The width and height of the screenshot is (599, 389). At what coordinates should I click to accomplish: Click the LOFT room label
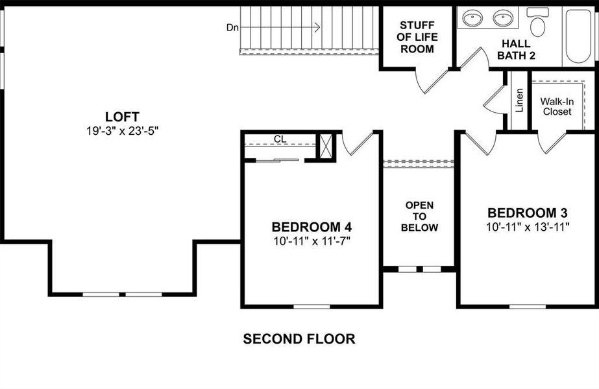(x=122, y=117)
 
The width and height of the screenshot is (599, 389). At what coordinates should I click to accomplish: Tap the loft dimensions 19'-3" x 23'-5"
(x=122, y=130)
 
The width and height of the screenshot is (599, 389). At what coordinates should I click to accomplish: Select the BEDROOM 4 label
(x=312, y=228)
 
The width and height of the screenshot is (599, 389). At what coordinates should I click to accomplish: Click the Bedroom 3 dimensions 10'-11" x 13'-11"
(x=528, y=227)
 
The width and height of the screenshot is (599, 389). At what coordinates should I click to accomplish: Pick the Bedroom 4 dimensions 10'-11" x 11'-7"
(x=312, y=241)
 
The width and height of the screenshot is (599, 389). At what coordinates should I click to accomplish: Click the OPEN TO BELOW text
(x=419, y=217)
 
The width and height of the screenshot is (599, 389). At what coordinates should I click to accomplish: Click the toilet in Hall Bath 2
(x=537, y=24)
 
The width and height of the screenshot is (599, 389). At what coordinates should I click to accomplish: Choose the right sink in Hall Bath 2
(x=504, y=18)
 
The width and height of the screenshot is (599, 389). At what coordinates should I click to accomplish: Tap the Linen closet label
(x=520, y=100)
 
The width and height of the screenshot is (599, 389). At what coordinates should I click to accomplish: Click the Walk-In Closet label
(x=557, y=106)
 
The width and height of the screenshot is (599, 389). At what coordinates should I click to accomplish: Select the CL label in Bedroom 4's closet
(x=280, y=139)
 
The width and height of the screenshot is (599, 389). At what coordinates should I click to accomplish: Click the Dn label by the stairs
(x=232, y=27)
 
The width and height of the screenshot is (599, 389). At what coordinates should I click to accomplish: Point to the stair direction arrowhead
(x=317, y=27)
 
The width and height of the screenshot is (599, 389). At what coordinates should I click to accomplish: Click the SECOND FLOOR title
(x=299, y=338)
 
